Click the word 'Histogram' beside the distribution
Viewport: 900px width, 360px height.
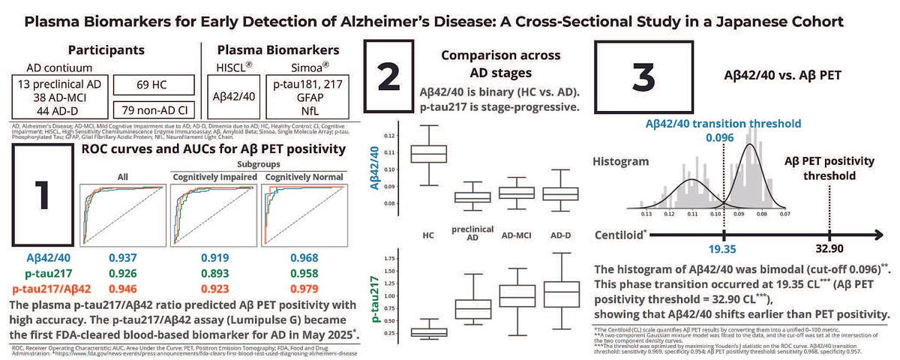[x=620, y=162]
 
